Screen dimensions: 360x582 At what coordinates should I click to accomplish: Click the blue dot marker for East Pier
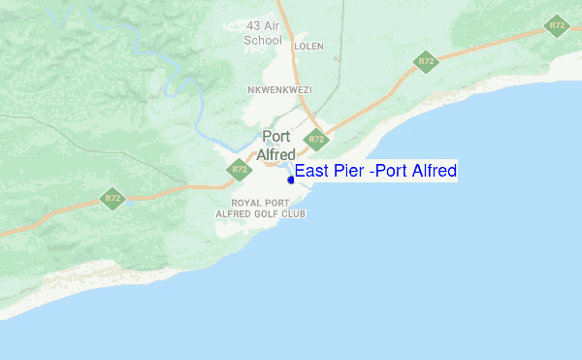[290, 180]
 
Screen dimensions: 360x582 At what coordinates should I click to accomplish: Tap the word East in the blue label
[313, 172]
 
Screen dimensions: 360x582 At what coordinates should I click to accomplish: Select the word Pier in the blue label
[350, 172]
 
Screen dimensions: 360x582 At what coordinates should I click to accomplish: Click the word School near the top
[264, 41]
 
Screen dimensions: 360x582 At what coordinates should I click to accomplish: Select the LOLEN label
[310, 46]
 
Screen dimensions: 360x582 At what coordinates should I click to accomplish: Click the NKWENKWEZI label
[281, 88]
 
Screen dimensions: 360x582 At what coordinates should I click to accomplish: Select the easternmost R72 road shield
[556, 26]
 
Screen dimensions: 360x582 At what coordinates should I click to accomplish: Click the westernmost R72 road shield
[113, 199]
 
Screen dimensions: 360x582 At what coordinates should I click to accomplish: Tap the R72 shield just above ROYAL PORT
[240, 171]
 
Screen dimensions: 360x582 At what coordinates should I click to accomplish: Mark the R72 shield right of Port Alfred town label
[315, 140]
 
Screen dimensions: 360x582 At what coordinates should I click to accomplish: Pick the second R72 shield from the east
[425, 62]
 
